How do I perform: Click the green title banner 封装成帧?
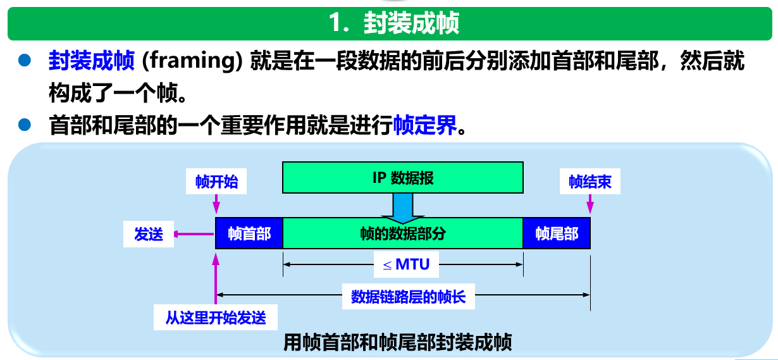[x=392, y=23]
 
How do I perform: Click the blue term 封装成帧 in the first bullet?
[x=91, y=61]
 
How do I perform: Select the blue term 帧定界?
[x=424, y=125]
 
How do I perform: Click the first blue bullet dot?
[x=25, y=61]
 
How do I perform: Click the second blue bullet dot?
[x=25, y=125]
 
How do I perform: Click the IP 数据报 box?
[x=403, y=177]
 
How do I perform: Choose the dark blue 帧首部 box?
[x=249, y=233]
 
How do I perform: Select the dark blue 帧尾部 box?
[x=557, y=233]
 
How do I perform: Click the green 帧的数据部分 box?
[x=403, y=233]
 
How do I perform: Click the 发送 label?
[x=149, y=234]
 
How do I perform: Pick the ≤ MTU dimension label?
[x=405, y=264]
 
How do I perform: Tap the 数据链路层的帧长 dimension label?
[x=408, y=296]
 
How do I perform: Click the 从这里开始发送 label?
[x=216, y=318]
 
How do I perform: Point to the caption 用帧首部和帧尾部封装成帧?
[x=398, y=342]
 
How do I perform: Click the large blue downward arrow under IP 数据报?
[x=402, y=207]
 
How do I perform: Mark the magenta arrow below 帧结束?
[x=590, y=204]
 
